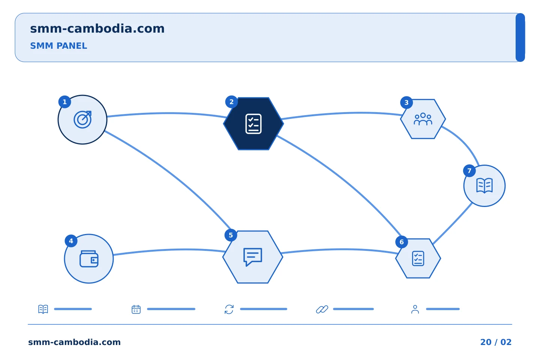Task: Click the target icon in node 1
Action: [82, 120]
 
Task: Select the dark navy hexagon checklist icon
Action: [253, 124]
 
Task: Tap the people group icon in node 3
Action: [423, 119]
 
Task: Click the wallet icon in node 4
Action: [89, 259]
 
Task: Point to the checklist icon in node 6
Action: [418, 258]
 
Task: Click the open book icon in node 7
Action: [484, 185]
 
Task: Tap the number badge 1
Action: [64, 102]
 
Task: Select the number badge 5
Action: [231, 235]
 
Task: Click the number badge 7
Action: [469, 171]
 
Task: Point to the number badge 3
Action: [406, 102]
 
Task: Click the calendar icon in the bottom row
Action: [136, 309]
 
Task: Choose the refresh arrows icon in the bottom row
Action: [229, 309]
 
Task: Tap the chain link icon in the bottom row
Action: [322, 309]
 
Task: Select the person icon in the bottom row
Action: [415, 309]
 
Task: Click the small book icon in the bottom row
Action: [43, 309]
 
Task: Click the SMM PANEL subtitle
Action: [58, 46]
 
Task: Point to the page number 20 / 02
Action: [496, 342]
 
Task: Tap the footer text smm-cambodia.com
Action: [74, 342]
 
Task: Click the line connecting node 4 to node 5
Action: [169, 250]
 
